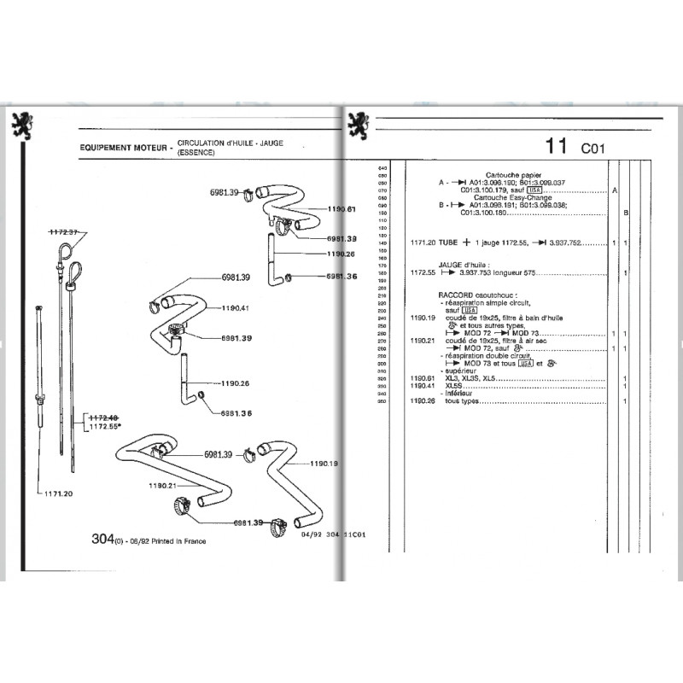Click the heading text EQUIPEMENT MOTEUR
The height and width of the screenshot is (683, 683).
[120, 147]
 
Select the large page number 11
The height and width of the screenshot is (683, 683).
[557, 146]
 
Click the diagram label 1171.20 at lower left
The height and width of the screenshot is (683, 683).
[56, 493]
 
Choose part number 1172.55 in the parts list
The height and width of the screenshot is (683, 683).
[423, 272]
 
